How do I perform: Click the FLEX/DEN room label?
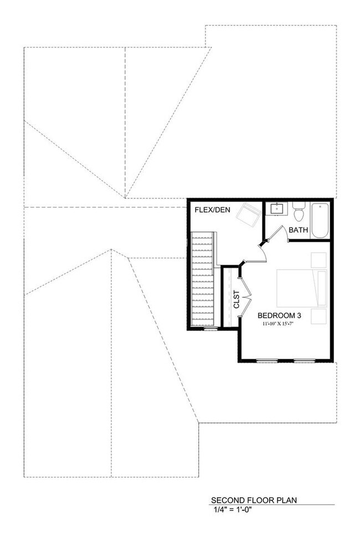(x=212, y=210)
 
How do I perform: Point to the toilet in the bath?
(x=299, y=213)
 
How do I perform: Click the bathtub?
(x=320, y=220)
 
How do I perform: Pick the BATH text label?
(x=299, y=230)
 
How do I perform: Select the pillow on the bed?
(x=321, y=288)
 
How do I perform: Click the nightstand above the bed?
(x=318, y=260)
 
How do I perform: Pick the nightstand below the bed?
(x=318, y=316)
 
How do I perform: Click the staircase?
(x=202, y=280)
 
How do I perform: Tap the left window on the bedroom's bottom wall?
(x=268, y=361)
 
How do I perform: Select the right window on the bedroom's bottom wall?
(x=304, y=361)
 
